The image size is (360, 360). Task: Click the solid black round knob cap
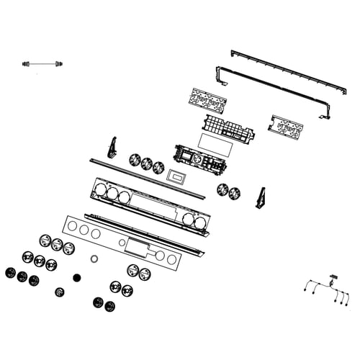click(77, 276)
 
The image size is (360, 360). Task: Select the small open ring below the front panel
click(94, 258)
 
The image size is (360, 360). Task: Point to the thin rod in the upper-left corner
click(42, 65)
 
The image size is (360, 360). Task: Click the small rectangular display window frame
click(176, 176)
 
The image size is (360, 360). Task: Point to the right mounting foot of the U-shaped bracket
click(327, 116)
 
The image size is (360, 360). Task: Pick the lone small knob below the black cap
click(60, 292)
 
